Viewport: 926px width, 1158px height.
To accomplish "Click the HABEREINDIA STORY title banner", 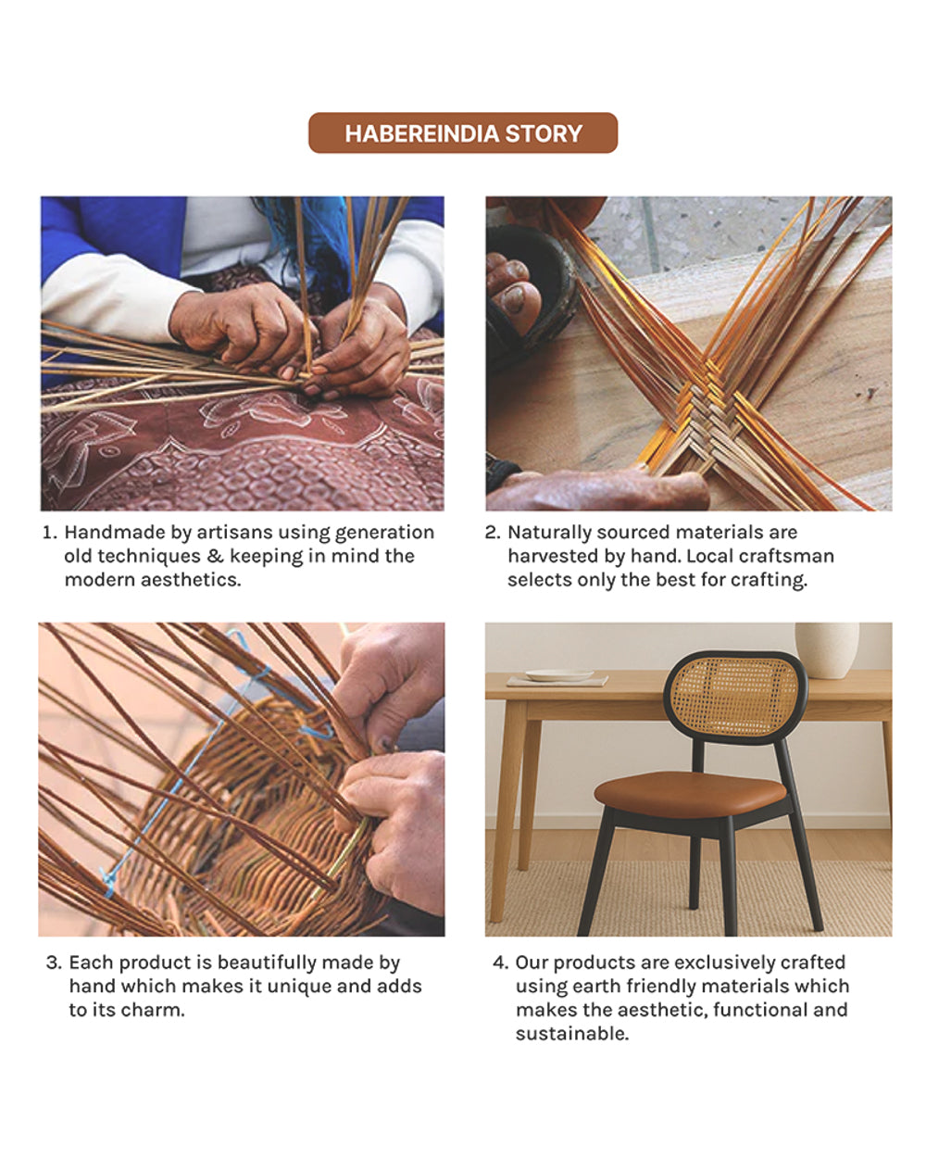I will tap(463, 133).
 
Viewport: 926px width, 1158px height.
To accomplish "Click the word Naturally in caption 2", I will tap(548, 533).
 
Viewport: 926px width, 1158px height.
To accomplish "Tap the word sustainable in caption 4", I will tap(570, 1034).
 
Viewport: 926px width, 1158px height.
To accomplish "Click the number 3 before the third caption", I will tap(53, 963).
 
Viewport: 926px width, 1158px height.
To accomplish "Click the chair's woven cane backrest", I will tap(734, 697).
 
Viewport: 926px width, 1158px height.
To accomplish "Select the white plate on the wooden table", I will tap(558, 675).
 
